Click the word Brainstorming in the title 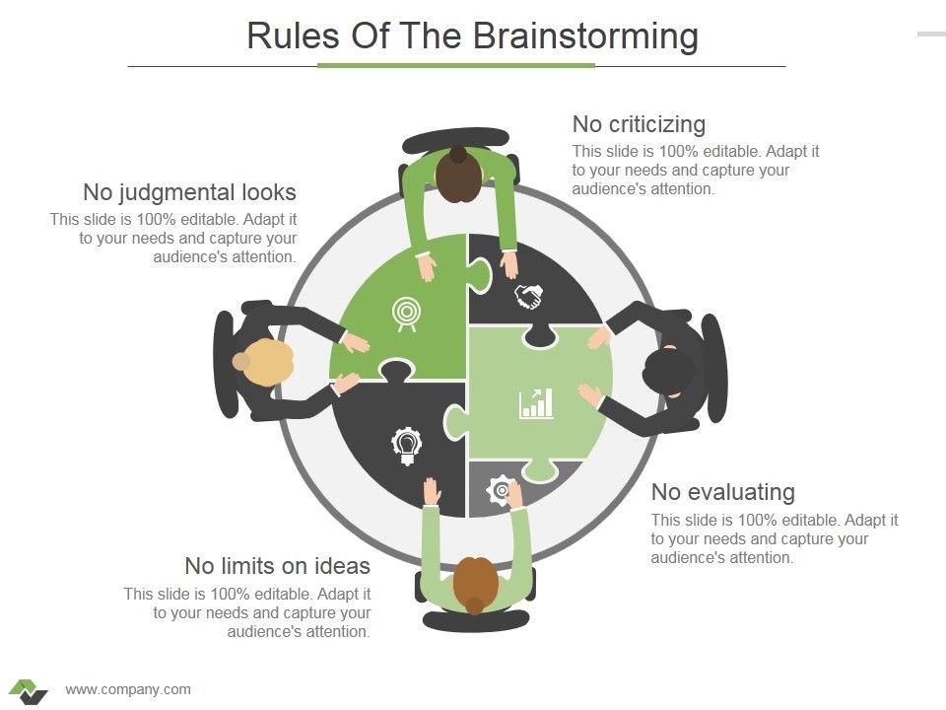click(585, 36)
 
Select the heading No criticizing click(639, 124)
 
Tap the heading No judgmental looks click(189, 191)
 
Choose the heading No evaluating click(722, 492)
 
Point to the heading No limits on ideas click(277, 566)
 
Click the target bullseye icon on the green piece click(404, 312)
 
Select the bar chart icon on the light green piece click(536, 402)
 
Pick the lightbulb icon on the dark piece click(405, 445)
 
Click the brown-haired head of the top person click(458, 176)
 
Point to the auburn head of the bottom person click(476, 583)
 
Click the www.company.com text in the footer click(128, 689)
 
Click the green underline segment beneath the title click(456, 66)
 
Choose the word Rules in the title click(283, 36)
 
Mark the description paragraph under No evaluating click(775, 538)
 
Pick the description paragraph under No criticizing click(696, 170)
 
